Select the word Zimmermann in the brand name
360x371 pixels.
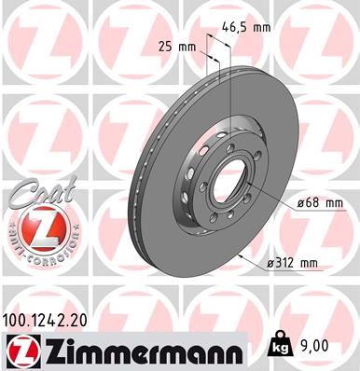click(x=136, y=350)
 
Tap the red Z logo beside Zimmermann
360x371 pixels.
click(x=20, y=350)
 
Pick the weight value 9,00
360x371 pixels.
click(x=315, y=345)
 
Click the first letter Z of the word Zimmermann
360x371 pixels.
click(x=45, y=350)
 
